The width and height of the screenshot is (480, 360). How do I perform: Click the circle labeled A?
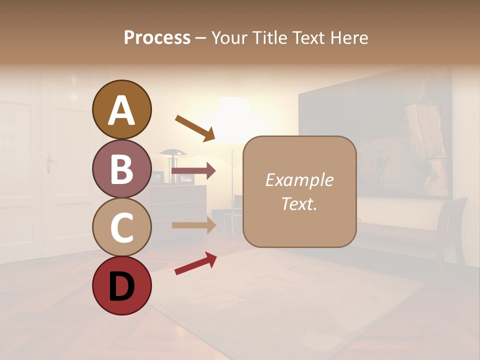[121, 109]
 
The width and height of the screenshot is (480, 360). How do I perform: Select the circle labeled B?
[121, 168]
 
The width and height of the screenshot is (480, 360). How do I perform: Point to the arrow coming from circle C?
[193, 225]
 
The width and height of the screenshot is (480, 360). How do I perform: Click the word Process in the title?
[157, 38]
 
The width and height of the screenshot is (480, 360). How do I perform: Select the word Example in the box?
[299, 180]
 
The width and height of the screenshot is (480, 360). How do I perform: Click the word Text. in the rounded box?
[299, 204]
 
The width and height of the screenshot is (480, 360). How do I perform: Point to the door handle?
[49, 162]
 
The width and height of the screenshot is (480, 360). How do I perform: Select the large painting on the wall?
[375, 145]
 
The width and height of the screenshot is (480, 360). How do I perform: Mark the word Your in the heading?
[228, 38]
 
